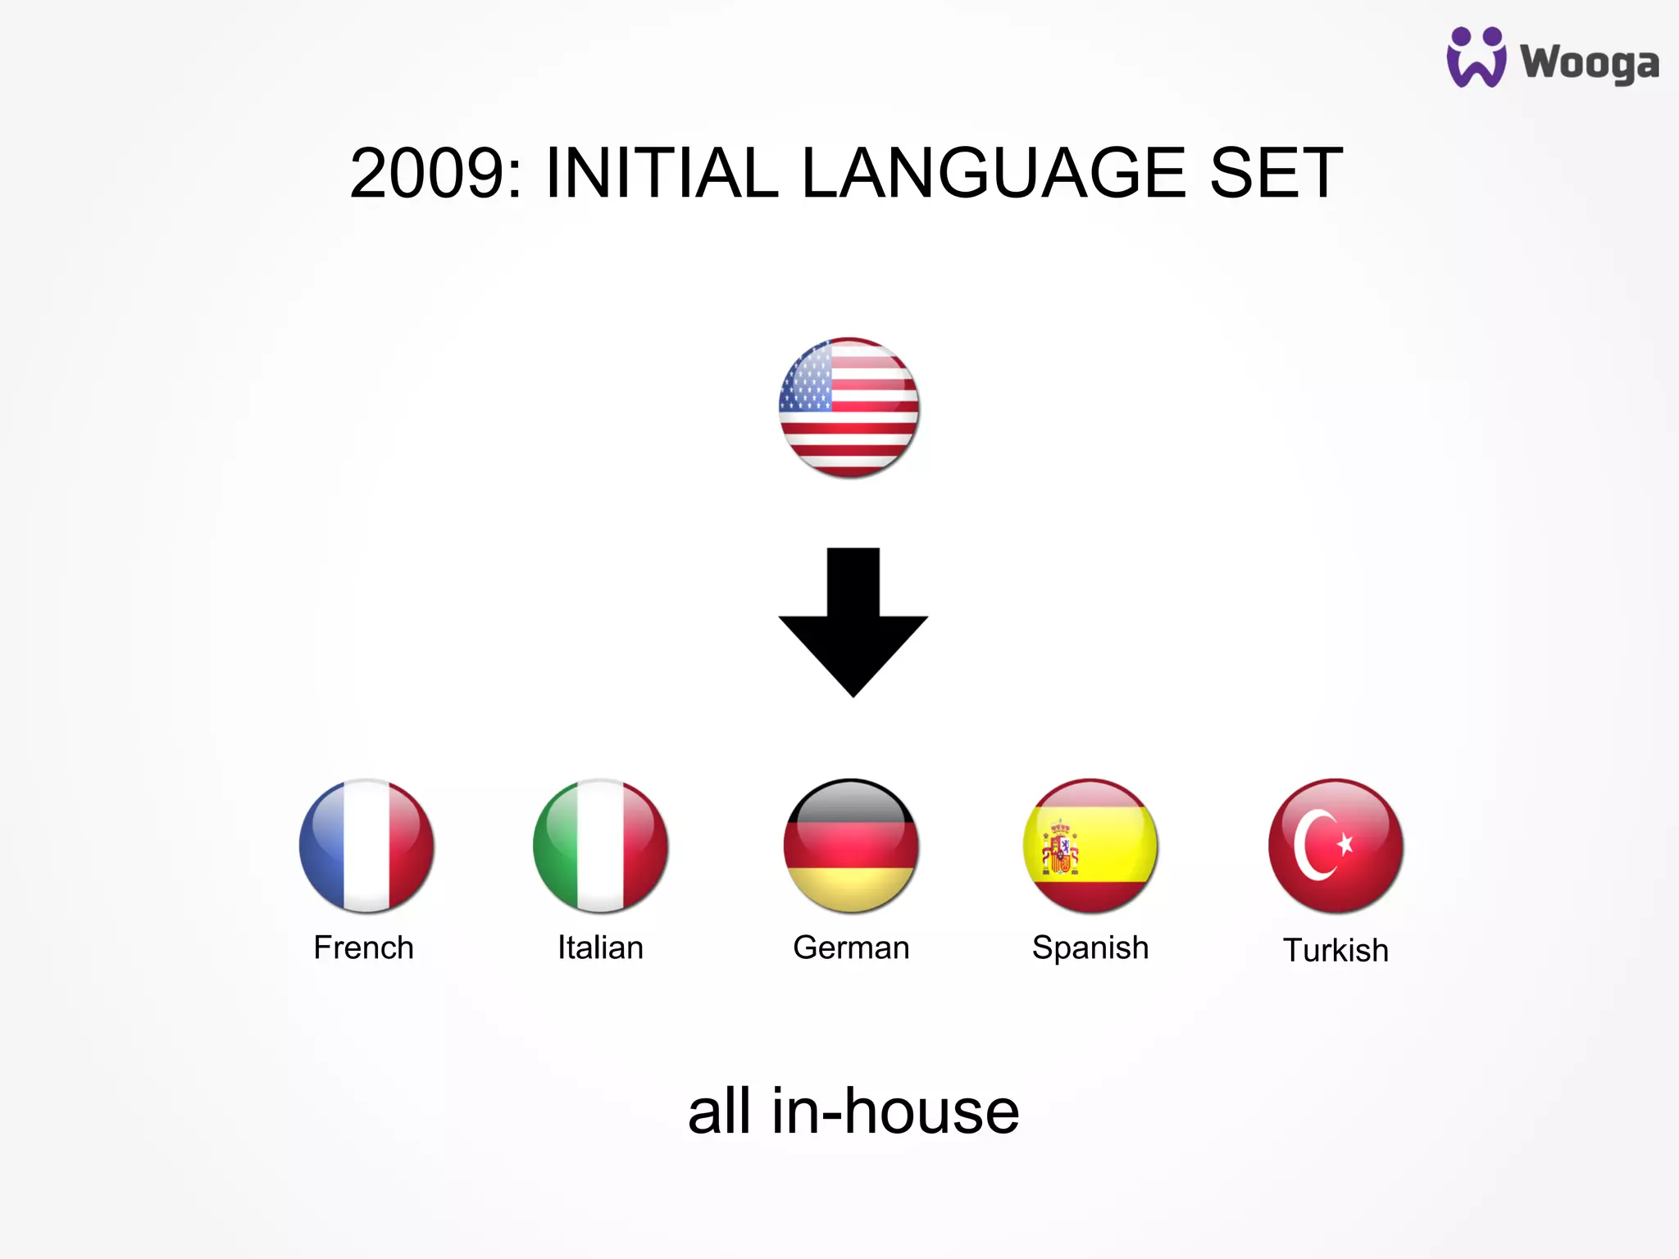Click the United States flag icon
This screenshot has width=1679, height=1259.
click(x=849, y=407)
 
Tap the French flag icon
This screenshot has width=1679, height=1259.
click(x=366, y=845)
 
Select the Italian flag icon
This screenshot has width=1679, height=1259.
click(x=600, y=845)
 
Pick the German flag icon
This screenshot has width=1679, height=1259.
click(x=851, y=845)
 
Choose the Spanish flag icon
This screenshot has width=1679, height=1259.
click(x=1090, y=845)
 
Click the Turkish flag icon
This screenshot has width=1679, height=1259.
click(x=1335, y=845)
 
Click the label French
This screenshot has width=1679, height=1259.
click(x=363, y=948)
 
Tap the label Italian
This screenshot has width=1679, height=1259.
click(x=600, y=948)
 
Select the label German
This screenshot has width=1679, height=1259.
click(x=851, y=948)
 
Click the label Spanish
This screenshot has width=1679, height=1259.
click(x=1090, y=948)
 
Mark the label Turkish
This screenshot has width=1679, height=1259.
click(x=1335, y=951)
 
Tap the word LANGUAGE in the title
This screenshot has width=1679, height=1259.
click(x=993, y=173)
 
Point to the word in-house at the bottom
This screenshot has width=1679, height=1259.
click(x=895, y=1111)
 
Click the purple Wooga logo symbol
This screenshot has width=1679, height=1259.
click(x=1476, y=57)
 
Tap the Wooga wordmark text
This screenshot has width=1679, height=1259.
click(x=1589, y=63)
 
